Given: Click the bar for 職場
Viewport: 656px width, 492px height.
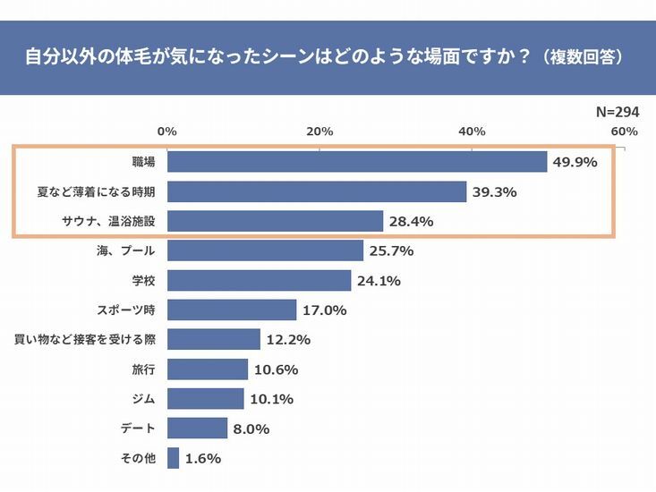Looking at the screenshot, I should click(357, 162).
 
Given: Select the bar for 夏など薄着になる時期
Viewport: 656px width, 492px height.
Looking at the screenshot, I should click(317, 191).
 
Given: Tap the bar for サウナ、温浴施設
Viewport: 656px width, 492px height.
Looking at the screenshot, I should click(275, 221).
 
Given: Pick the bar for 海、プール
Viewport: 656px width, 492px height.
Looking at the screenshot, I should click(265, 250).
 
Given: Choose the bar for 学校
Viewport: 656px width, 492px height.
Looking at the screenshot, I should click(259, 281).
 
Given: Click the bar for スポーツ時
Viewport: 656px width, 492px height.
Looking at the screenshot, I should click(232, 310).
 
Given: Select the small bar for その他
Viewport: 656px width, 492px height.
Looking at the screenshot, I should click(174, 458).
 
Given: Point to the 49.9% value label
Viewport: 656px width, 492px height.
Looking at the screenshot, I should click(575, 162).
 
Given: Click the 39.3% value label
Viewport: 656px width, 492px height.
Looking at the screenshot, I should click(494, 191).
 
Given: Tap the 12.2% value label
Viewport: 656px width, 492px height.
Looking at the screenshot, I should click(287, 340).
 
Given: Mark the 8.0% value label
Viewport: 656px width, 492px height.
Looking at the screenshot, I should click(251, 428).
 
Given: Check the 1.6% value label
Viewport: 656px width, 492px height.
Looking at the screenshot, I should click(203, 458).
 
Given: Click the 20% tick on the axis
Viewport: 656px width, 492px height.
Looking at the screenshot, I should click(319, 131).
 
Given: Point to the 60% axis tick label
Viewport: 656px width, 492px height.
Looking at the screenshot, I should click(624, 131).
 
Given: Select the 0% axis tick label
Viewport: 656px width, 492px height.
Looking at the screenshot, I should click(167, 131).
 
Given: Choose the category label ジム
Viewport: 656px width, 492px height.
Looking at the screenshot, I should click(143, 399).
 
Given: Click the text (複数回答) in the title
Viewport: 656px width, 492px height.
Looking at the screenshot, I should click(582, 55).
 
